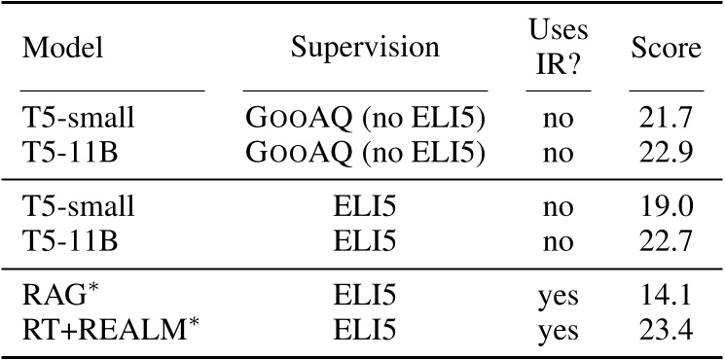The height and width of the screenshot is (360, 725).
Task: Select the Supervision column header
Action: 367,47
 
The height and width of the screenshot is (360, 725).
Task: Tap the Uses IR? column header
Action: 558,47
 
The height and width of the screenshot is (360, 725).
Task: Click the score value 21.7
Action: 666,119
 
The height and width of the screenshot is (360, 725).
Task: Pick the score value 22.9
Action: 666,153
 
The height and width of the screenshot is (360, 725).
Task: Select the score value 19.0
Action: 666,206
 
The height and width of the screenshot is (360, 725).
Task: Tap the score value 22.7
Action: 666,240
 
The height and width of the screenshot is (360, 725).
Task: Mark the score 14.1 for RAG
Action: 666,296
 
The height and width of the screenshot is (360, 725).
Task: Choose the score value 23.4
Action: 666,330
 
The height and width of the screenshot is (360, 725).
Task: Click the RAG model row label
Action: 55,295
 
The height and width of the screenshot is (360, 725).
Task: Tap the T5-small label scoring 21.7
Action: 78,119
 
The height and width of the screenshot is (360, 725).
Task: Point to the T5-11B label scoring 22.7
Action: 70,240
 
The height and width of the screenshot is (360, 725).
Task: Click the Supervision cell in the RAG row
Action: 367,296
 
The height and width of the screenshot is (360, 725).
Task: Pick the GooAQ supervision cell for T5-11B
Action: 367,153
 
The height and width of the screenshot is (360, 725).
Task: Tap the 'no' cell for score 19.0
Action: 558,207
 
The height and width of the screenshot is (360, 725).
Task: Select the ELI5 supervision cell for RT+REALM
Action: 367,330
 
